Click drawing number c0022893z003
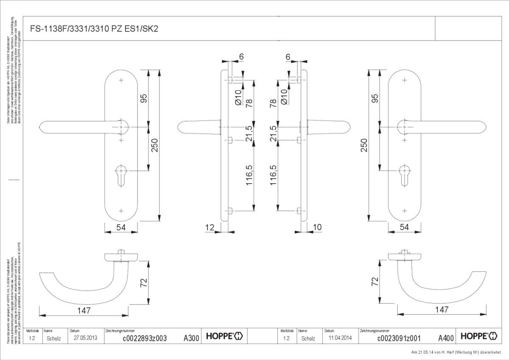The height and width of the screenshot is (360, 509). tap(145, 338)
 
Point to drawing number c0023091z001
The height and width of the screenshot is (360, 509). tap(399, 338)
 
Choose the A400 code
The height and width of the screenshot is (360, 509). tap(446, 338)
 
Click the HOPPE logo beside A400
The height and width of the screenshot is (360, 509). tap(478, 336)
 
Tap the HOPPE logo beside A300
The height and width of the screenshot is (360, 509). tap(224, 336)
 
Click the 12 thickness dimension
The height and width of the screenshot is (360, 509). tap(210, 228)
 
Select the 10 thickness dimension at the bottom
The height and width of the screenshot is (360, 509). tap(317, 228)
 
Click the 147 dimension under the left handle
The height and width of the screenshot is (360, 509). tap(84, 311)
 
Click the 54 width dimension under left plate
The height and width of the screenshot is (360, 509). tap(121, 228)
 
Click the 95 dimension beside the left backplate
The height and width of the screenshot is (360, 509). tap(144, 98)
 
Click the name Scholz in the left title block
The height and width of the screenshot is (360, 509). tap(54, 338)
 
